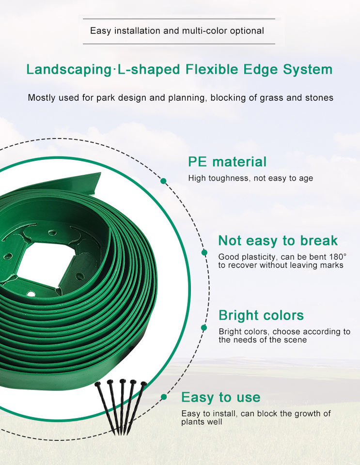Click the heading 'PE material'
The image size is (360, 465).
pyautogui.click(x=227, y=162)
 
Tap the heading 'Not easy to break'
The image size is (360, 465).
pyautogui.click(x=278, y=241)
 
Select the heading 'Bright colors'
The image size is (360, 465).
pyautogui.click(x=261, y=315)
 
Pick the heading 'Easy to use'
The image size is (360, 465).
pyautogui.click(x=220, y=397)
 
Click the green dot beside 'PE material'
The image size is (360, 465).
pyautogui.click(x=163, y=181)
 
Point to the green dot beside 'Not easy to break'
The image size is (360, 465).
pyautogui.click(x=204, y=252)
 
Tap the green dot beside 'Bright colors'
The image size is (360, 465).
pyautogui.click(x=203, y=328)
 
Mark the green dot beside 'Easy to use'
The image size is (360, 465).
pyautogui.click(x=164, y=397)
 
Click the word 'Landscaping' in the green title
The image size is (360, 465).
pyautogui.click(x=68, y=70)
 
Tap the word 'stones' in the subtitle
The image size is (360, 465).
pyautogui.click(x=320, y=98)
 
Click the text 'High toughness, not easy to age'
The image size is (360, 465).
pyautogui.click(x=250, y=178)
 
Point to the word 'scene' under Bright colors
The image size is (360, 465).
pyautogui.click(x=294, y=340)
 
